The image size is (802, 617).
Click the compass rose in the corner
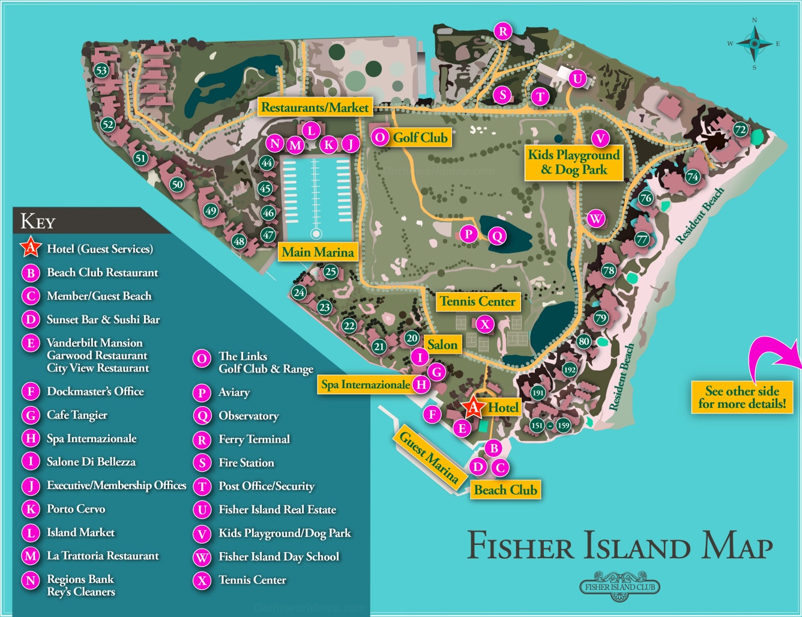point(755,43)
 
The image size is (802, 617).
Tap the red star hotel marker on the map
point(473,408)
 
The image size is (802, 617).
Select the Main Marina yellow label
point(318,252)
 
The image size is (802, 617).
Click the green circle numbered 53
point(101,70)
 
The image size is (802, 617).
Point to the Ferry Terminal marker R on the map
point(503,31)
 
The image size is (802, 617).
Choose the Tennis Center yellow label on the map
point(477,301)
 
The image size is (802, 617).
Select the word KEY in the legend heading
point(37,221)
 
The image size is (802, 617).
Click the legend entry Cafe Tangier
point(77,415)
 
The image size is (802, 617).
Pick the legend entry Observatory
point(248,416)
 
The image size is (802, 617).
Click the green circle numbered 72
point(740,129)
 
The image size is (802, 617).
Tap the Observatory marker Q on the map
point(497,236)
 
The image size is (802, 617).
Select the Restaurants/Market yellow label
point(315,108)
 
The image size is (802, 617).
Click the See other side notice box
point(742,397)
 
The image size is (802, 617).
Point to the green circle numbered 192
point(570,370)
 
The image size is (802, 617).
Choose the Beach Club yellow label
point(505,490)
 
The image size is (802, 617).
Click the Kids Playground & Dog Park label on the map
point(573,162)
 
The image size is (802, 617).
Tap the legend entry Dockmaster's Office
point(95,392)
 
